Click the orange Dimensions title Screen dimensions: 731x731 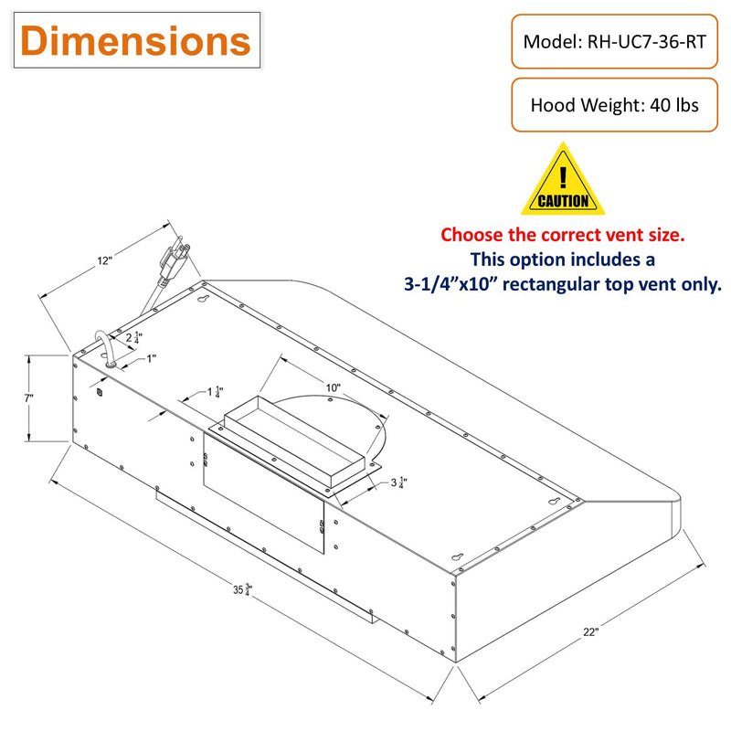(x=135, y=40)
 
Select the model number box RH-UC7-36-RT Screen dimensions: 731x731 (x=614, y=41)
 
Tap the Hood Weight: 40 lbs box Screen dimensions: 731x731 (x=614, y=105)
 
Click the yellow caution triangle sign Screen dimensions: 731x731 (x=563, y=179)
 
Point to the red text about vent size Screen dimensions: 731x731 (x=563, y=235)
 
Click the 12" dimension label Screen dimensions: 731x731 (x=105, y=260)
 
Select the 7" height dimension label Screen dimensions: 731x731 (x=29, y=398)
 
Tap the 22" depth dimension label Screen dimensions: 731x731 (x=590, y=631)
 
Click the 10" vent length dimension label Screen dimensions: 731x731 (x=333, y=387)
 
